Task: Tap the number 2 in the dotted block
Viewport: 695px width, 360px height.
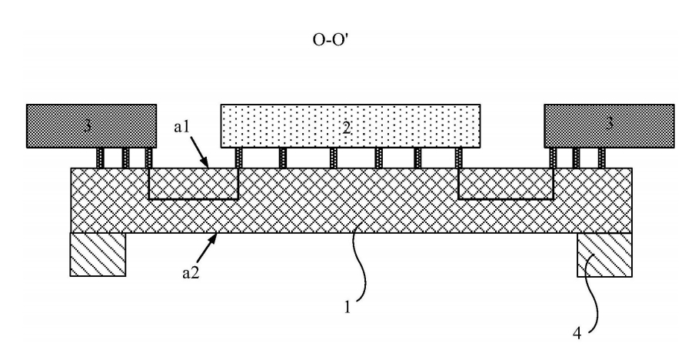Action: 347,128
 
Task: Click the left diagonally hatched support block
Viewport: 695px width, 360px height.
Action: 98,255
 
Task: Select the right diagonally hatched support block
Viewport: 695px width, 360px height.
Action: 605,255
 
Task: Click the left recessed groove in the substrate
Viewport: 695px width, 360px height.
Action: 193,184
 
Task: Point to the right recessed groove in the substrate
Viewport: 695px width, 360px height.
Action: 506,184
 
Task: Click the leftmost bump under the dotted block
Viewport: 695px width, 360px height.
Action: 239,158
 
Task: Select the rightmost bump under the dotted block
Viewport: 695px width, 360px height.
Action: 460,158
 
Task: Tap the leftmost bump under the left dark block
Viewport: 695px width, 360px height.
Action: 100,158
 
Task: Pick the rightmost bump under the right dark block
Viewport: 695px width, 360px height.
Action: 602,158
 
